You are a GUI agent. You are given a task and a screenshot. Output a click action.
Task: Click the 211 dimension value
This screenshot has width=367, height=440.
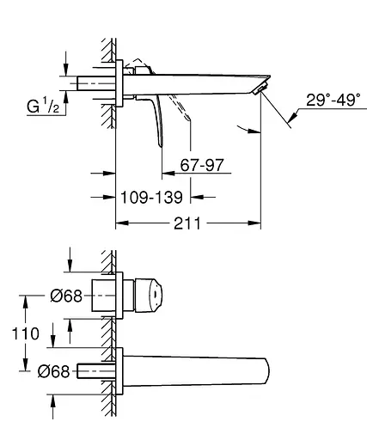tap(187, 223)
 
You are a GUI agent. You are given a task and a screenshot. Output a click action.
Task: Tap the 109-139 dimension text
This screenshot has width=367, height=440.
tap(151, 198)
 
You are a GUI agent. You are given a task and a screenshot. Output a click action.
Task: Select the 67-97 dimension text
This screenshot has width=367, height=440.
tap(202, 165)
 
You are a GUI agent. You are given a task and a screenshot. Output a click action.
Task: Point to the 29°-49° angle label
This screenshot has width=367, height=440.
tap(333, 100)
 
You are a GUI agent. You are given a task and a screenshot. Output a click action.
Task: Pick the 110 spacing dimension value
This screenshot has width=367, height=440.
tap(25, 333)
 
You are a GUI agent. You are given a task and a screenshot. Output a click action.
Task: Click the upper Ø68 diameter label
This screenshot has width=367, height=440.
tap(66, 296)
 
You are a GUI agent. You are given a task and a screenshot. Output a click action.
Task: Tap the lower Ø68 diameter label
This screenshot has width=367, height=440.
tap(53, 371)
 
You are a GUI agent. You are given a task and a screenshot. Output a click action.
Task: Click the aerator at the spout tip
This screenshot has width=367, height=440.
tap(260, 88)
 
